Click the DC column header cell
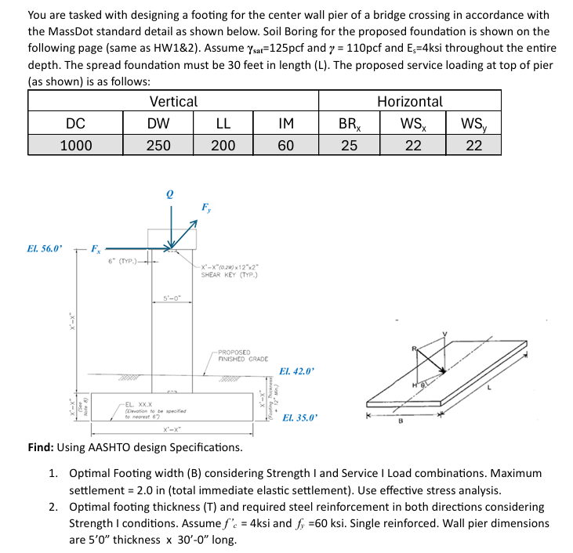click(76, 123)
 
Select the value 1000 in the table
click(76, 145)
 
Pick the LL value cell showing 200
click(223, 145)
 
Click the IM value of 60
click(285, 145)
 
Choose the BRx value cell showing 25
click(349, 145)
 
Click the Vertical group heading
click(173, 101)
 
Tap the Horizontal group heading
click(410, 101)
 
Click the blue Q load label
click(169, 193)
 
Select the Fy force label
click(205, 209)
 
